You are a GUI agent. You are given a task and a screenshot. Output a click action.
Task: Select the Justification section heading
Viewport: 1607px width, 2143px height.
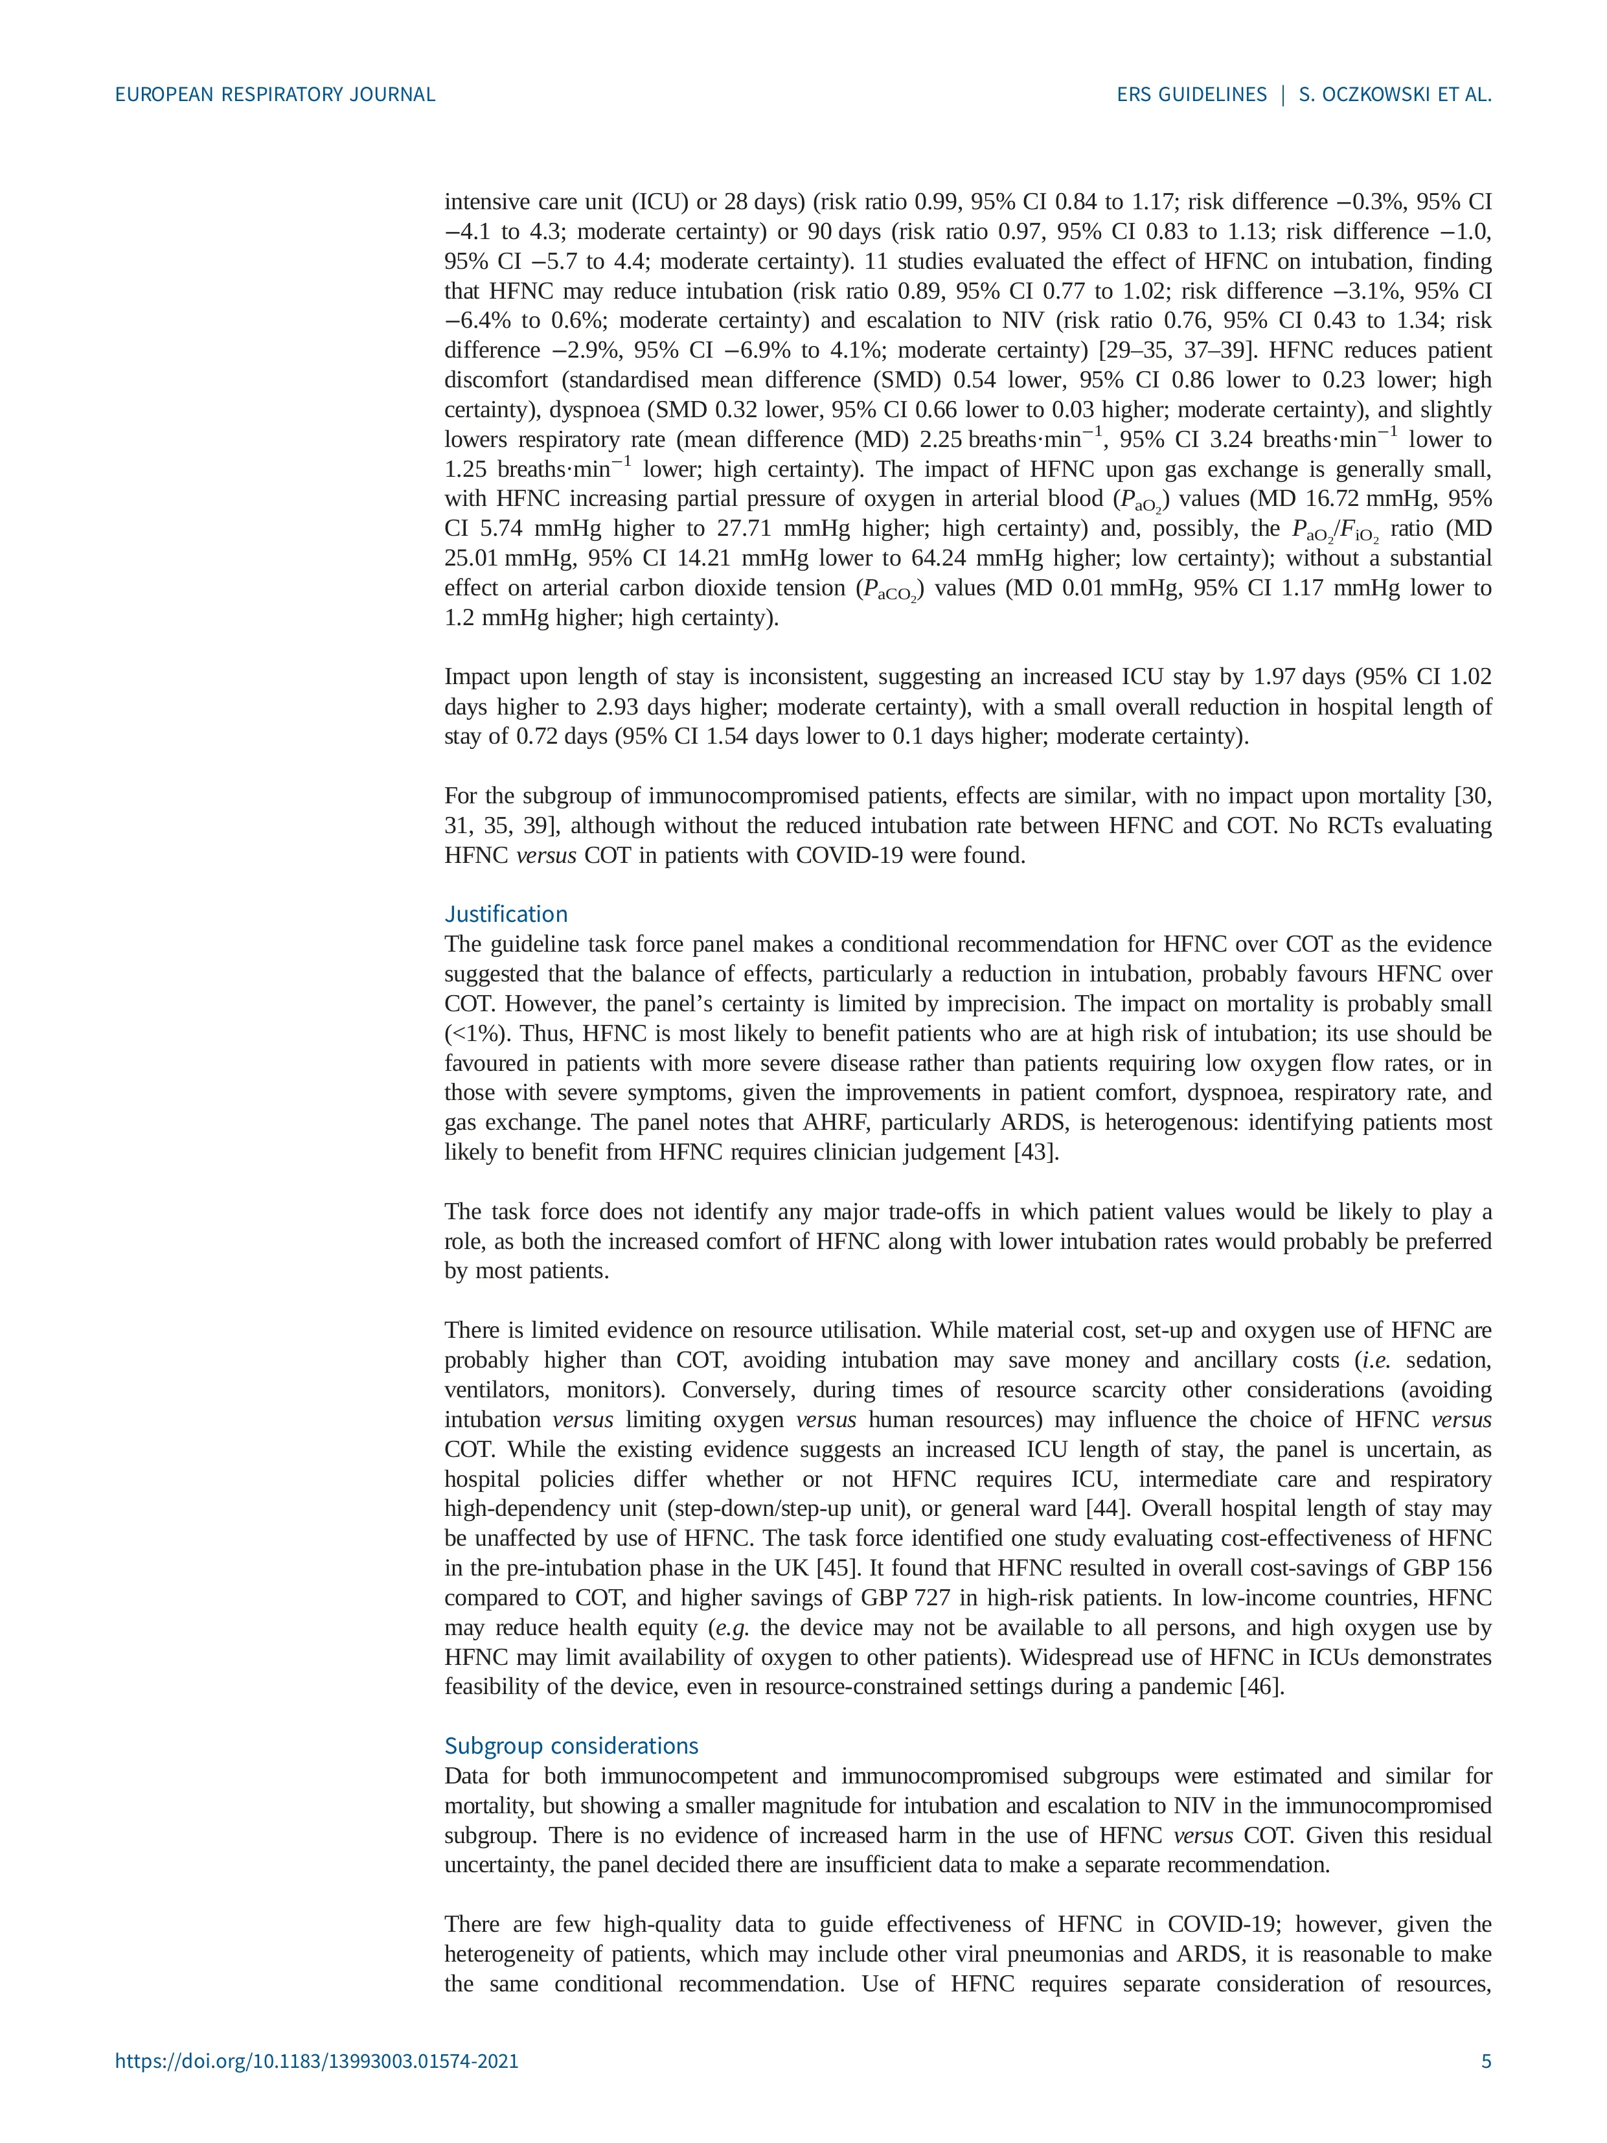[506, 913]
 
